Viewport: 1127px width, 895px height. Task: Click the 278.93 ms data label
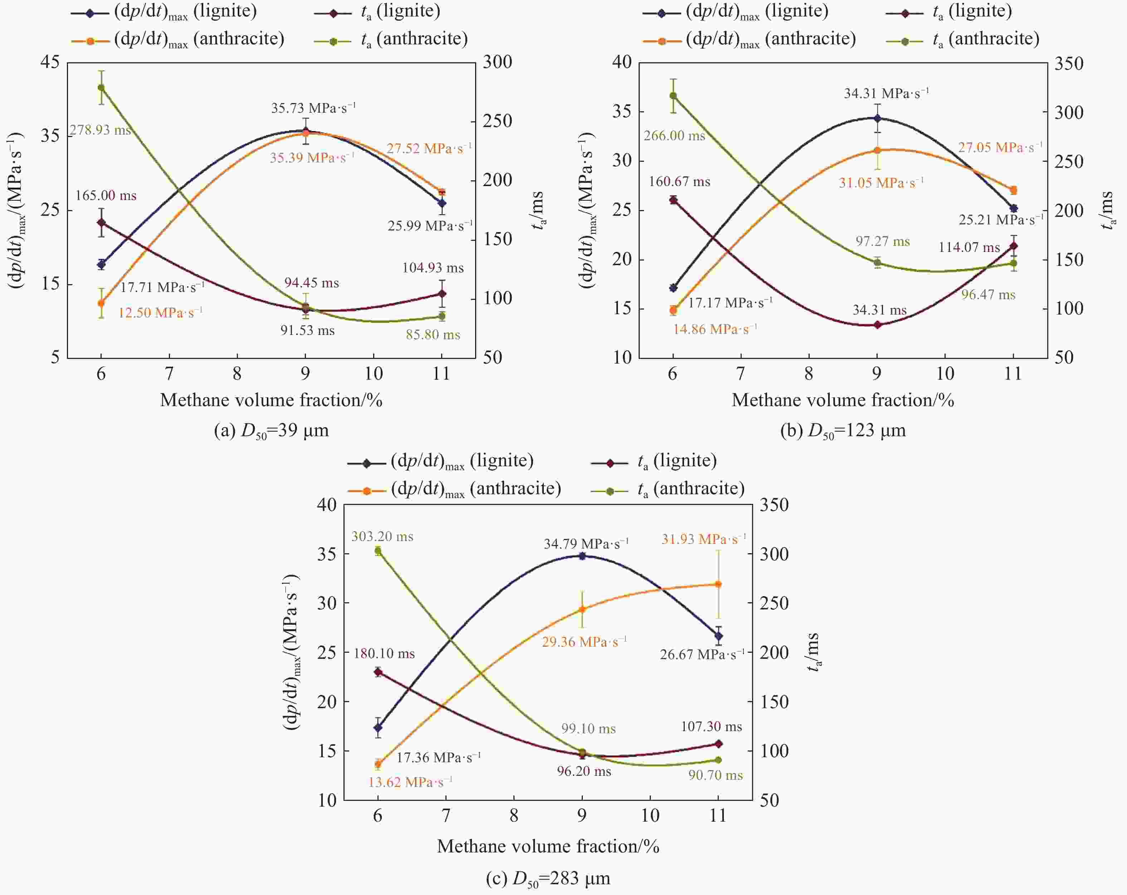(x=101, y=130)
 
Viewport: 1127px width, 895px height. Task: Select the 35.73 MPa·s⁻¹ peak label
(x=313, y=108)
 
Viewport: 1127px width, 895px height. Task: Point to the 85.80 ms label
(x=433, y=335)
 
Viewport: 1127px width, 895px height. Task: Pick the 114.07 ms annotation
(x=969, y=247)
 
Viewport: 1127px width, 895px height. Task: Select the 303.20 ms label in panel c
(x=382, y=536)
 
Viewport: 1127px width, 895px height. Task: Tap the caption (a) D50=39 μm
(x=271, y=431)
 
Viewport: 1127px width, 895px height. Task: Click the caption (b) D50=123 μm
(x=843, y=431)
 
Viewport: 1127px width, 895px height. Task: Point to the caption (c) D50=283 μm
(x=548, y=878)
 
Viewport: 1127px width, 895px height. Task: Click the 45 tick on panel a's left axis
(x=50, y=62)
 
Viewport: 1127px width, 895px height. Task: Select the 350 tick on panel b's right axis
(x=1068, y=64)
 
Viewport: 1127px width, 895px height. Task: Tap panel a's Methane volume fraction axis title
(x=271, y=400)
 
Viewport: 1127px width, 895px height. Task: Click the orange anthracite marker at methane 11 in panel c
(x=718, y=584)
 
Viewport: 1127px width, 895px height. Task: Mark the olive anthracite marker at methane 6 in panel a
(x=101, y=87)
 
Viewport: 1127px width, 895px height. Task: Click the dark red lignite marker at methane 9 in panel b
(x=877, y=325)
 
